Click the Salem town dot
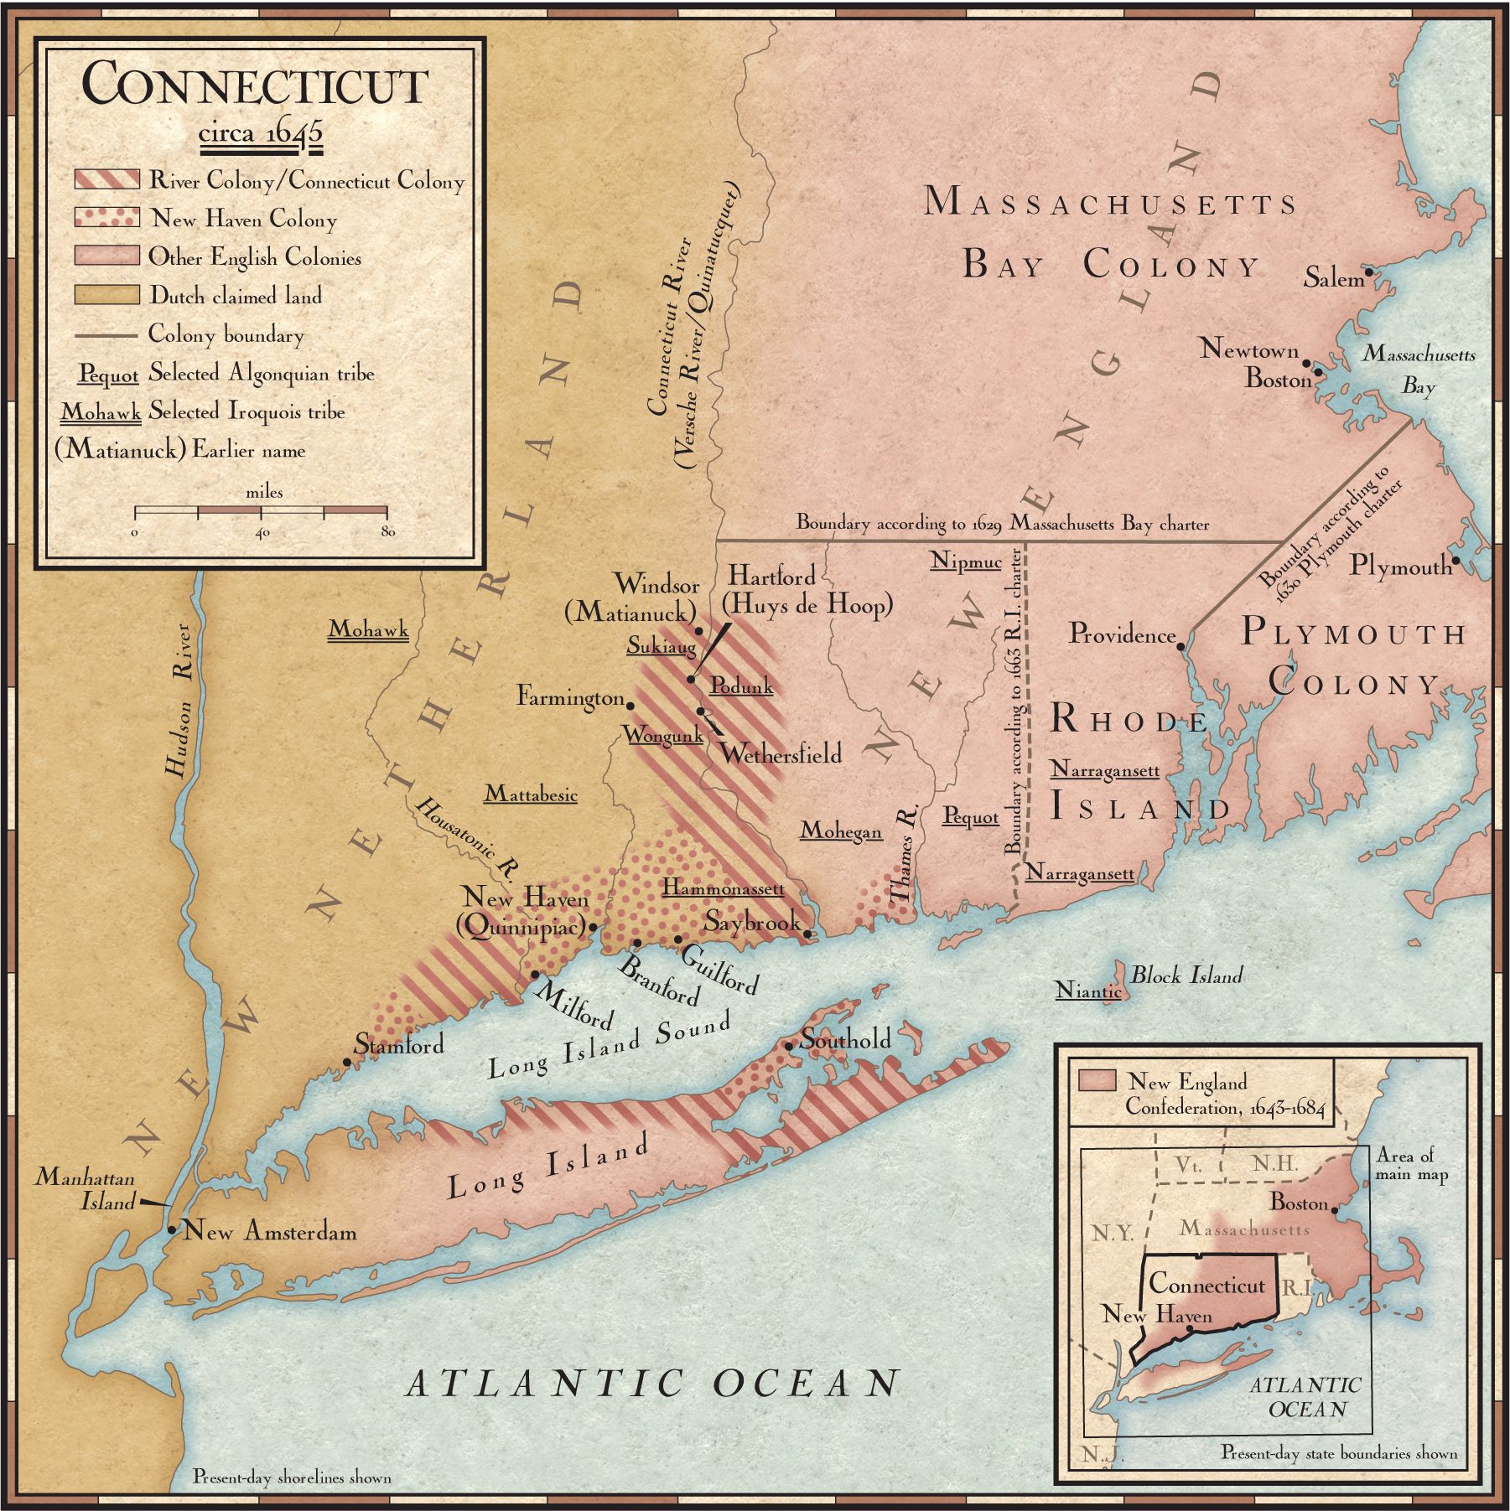(x=1368, y=272)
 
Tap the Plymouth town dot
(x=1456, y=561)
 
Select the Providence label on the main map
(x=1121, y=634)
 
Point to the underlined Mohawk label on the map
(x=368, y=629)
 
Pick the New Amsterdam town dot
(x=171, y=1230)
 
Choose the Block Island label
(x=1186, y=975)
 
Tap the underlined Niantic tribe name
(x=1088, y=991)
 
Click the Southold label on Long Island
(x=845, y=1039)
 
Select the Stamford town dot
(x=346, y=1062)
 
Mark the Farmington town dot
(x=630, y=706)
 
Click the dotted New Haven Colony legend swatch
(x=106, y=218)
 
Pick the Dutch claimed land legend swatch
(x=106, y=295)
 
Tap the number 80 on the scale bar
(x=387, y=531)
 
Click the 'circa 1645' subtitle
(x=260, y=134)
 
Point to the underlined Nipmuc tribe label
(x=965, y=561)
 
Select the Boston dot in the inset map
(x=1334, y=1210)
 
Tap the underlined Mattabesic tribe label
(x=531, y=794)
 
